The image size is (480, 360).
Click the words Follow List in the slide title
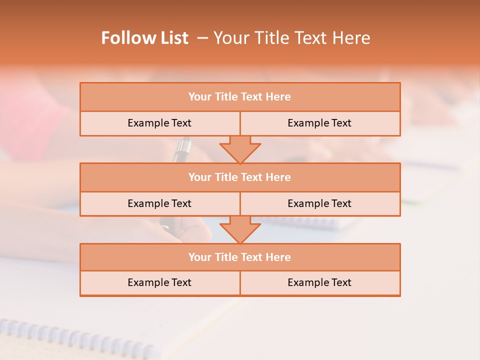tap(144, 38)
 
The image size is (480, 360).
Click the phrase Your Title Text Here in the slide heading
tap(291, 38)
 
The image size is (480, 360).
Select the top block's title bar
tap(240, 97)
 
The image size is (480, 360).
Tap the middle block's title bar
tap(240, 177)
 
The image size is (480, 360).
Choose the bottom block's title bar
tap(240, 257)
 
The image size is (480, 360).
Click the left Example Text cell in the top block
tap(159, 123)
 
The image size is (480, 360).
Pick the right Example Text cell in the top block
tap(320, 123)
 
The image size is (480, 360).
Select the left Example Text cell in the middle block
tap(159, 203)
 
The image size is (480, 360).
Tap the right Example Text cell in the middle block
tap(320, 203)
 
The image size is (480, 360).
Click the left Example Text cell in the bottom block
tap(159, 282)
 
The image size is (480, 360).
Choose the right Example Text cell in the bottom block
tap(320, 282)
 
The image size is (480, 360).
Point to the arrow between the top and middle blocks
tap(240, 149)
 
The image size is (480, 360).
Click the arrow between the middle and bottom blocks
tap(240, 229)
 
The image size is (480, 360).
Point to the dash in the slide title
tap(202, 38)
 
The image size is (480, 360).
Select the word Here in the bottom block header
tap(278, 257)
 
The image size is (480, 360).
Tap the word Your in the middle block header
tap(199, 177)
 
